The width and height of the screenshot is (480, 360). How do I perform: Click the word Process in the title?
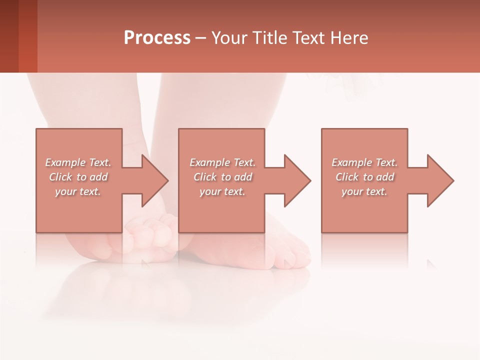click(x=157, y=38)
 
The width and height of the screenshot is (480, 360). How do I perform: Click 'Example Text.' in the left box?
click(x=78, y=162)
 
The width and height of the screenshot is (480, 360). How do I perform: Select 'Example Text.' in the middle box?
click(x=222, y=162)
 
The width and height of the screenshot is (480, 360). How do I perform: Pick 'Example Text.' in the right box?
click(x=364, y=162)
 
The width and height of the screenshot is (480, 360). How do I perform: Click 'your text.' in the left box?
click(x=78, y=191)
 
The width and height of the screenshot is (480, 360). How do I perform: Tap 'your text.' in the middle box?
click(x=222, y=191)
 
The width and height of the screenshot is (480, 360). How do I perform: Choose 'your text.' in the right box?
click(x=364, y=191)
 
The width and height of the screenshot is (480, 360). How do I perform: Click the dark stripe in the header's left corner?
click(x=9, y=36)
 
